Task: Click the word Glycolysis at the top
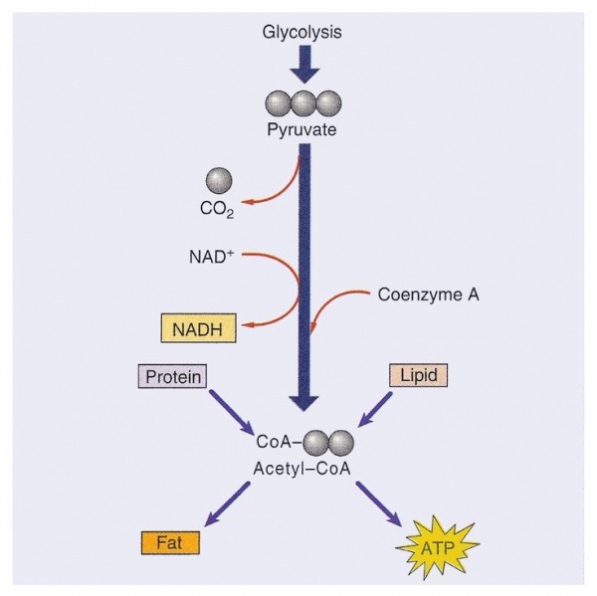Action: [x=301, y=32]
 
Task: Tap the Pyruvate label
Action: [x=301, y=129]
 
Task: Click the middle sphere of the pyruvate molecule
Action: [x=303, y=103]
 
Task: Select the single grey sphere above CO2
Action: [x=219, y=180]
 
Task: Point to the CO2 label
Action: [x=217, y=210]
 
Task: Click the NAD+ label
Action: [x=211, y=257]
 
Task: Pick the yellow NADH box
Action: [x=198, y=328]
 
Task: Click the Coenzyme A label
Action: [x=428, y=295]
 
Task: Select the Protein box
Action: [x=172, y=376]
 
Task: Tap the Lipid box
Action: [x=418, y=375]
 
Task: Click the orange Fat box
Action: [x=170, y=542]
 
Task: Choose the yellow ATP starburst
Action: [x=438, y=547]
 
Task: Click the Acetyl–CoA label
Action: [x=301, y=469]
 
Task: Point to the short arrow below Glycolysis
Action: [x=304, y=64]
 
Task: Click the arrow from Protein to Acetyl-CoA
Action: [x=231, y=411]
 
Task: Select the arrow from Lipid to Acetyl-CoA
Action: [x=375, y=409]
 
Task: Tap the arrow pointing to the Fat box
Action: [x=227, y=504]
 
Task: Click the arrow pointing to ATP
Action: [x=379, y=504]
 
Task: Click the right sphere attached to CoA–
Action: [x=341, y=443]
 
